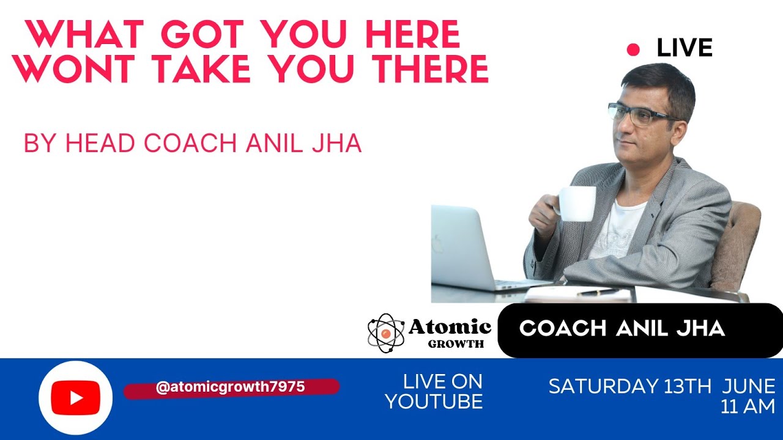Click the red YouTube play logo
coord(75,398)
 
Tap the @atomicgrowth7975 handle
coord(231,387)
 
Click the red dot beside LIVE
coord(633,50)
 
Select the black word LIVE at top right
coord(685,48)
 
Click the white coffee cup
coord(576,203)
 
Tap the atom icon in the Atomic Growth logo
coord(385,333)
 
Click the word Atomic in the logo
coord(450,328)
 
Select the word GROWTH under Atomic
coord(456,343)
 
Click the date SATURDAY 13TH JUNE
coord(661,386)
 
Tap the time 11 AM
coord(748,407)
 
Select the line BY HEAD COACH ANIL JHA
coord(193,143)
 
